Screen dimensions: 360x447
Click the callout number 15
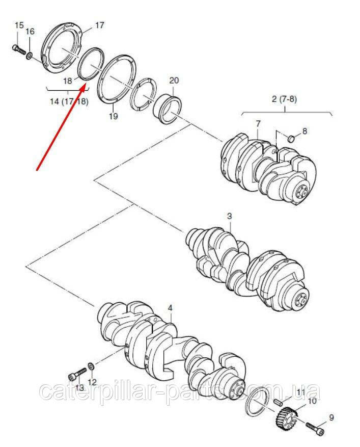pos(19,25)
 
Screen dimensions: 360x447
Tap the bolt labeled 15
pos(18,49)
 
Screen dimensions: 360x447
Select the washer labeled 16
pos(30,56)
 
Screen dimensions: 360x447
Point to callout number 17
pos(100,25)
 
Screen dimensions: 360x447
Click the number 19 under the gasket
pos(113,116)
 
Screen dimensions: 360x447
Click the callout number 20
pos(174,81)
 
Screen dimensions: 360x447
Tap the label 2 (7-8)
pos(284,99)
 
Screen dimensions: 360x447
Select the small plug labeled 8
pos(291,139)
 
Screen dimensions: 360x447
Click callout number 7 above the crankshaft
pos(258,124)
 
